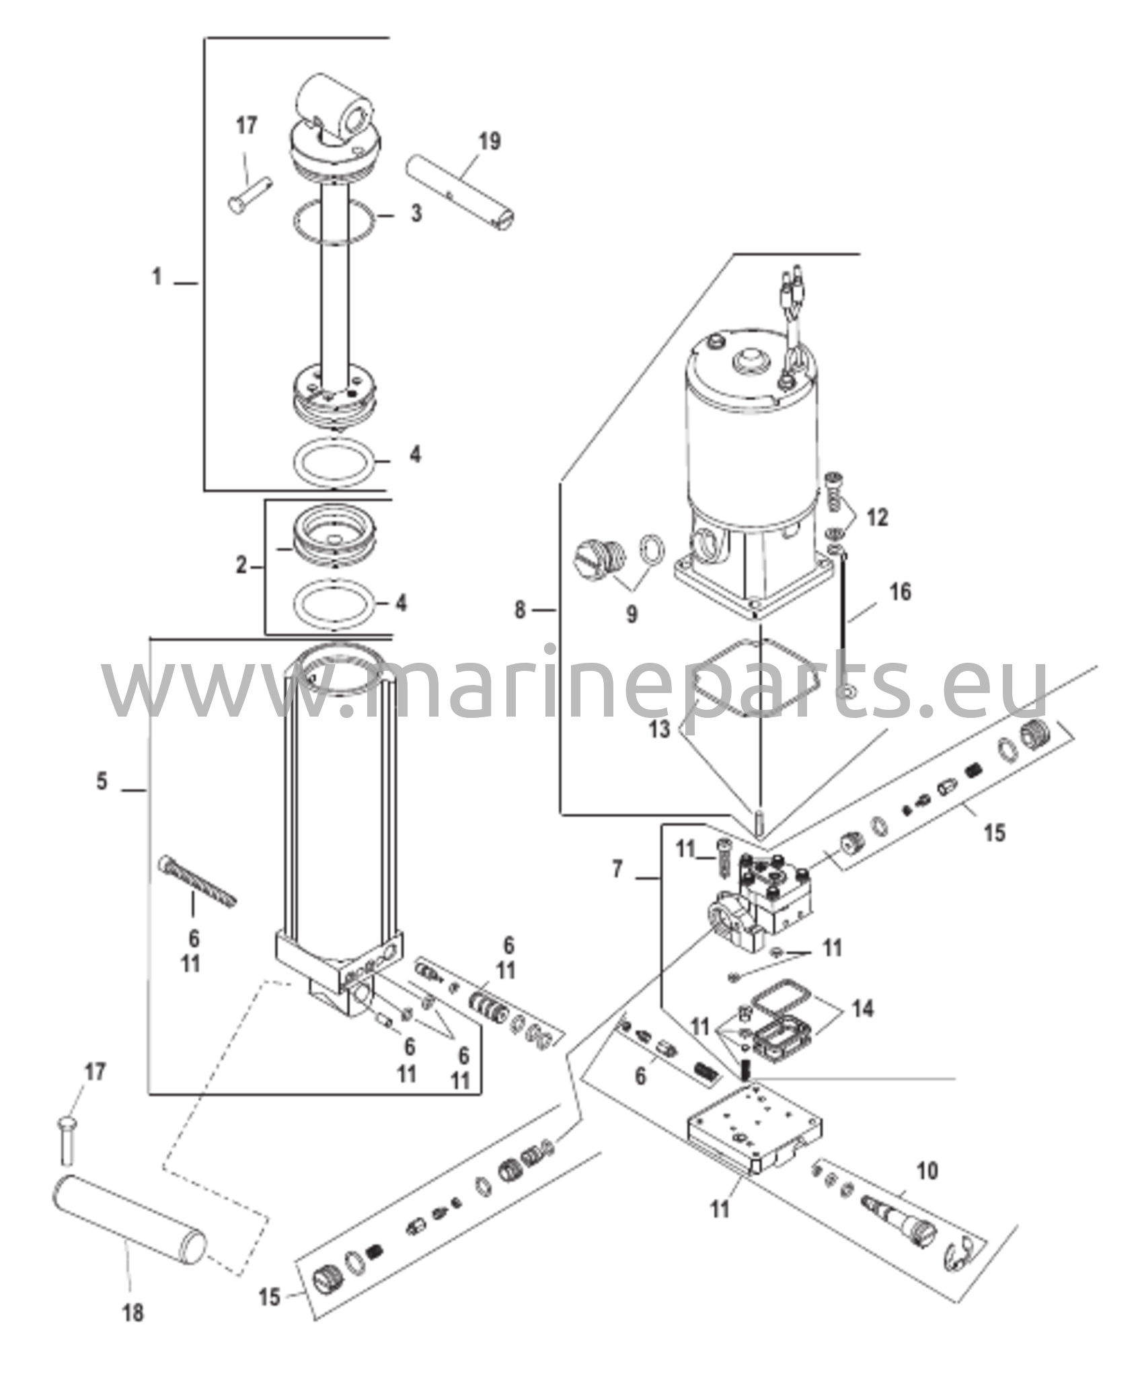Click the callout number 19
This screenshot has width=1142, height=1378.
(x=490, y=142)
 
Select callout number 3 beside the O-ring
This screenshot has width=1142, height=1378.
(x=416, y=214)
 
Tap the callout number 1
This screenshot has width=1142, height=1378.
(x=157, y=277)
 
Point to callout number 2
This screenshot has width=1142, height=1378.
(x=241, y=566)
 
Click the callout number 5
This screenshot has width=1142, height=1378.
(x=102, y=782)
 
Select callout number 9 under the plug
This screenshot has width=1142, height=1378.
(x=632, y=614)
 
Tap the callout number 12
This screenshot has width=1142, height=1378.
(x=877, y=517)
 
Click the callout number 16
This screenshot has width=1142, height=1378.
(x=901, y=592)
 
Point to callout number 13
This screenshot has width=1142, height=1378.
(x=660, y=729)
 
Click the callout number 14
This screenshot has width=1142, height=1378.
(x=863, y=1027)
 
